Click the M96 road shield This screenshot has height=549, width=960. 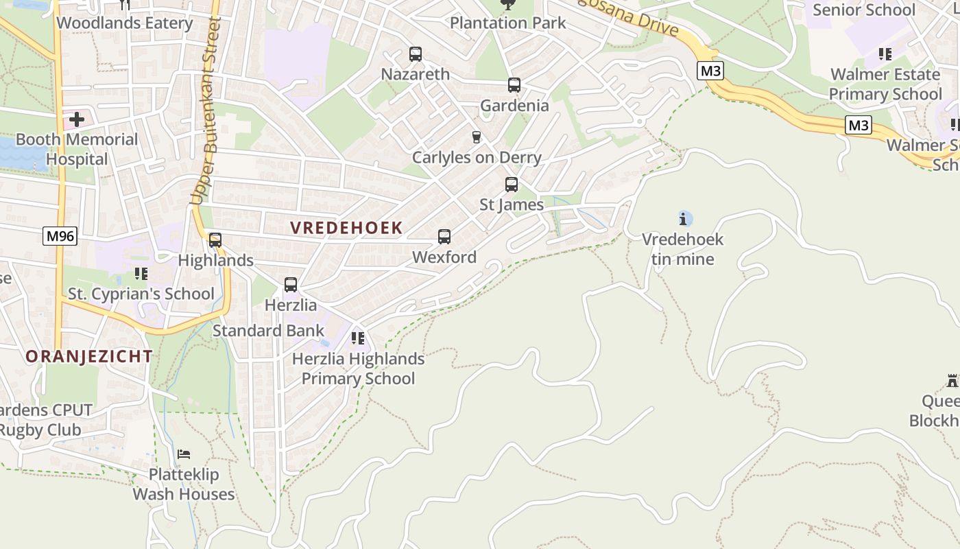point(60,237)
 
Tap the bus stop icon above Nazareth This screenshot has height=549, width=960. point(415,54)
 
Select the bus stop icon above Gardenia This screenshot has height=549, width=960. point(514,85)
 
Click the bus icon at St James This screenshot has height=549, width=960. point(511,185)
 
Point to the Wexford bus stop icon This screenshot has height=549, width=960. point(444,237)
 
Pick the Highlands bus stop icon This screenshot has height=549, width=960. point(215,240)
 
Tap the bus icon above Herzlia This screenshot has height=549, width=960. point(291,285)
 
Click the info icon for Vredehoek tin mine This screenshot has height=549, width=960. point(683,219)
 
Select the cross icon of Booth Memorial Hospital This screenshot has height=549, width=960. point(77,119)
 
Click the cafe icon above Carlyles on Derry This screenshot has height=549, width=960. point(477,137)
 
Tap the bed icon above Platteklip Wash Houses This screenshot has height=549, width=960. point(184,454)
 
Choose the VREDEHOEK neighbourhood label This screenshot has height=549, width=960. point(346,228)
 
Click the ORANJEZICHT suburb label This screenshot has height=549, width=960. point(89,356)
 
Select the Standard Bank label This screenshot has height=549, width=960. point(268,331)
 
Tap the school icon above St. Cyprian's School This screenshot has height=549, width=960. point(141,274)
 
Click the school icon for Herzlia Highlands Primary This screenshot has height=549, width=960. point(357,338)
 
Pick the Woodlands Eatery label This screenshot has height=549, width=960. point(125,23)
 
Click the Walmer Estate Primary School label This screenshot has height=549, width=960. point(885,84)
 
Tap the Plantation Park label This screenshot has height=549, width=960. point(508,23)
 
